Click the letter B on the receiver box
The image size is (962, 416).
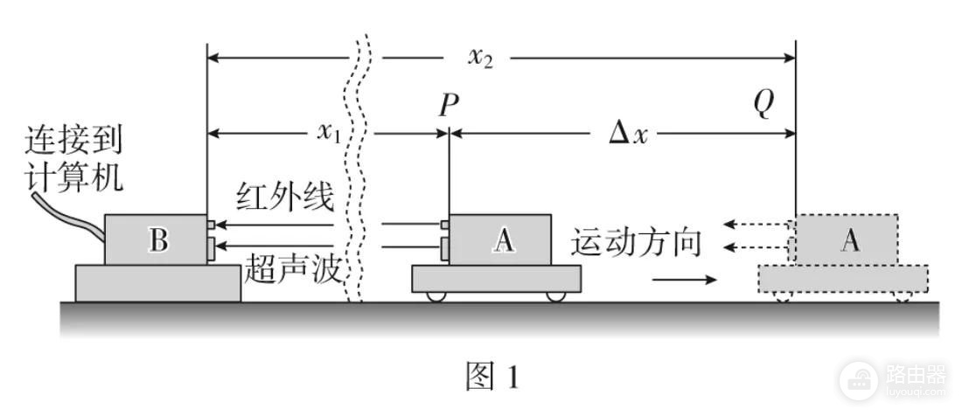pos(158,240)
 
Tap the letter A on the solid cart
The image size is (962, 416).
pos(504,241)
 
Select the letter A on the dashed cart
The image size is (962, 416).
pos(850,241)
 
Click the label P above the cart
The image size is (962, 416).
pos(449,106)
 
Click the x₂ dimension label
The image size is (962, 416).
pos(480,58)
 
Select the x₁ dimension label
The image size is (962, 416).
pos(328,132)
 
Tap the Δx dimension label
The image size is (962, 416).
pos(628,133)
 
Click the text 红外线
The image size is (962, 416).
pos(285,198)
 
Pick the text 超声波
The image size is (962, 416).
pos(293,269)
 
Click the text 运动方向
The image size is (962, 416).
pos(636,243)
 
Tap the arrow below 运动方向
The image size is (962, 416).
pos(684,280)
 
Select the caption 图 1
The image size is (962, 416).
pos(492,376)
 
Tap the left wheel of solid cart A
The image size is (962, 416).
pos(436,296)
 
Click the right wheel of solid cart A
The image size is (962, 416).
pos(555,296)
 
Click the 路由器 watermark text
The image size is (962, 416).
pos(916,373)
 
